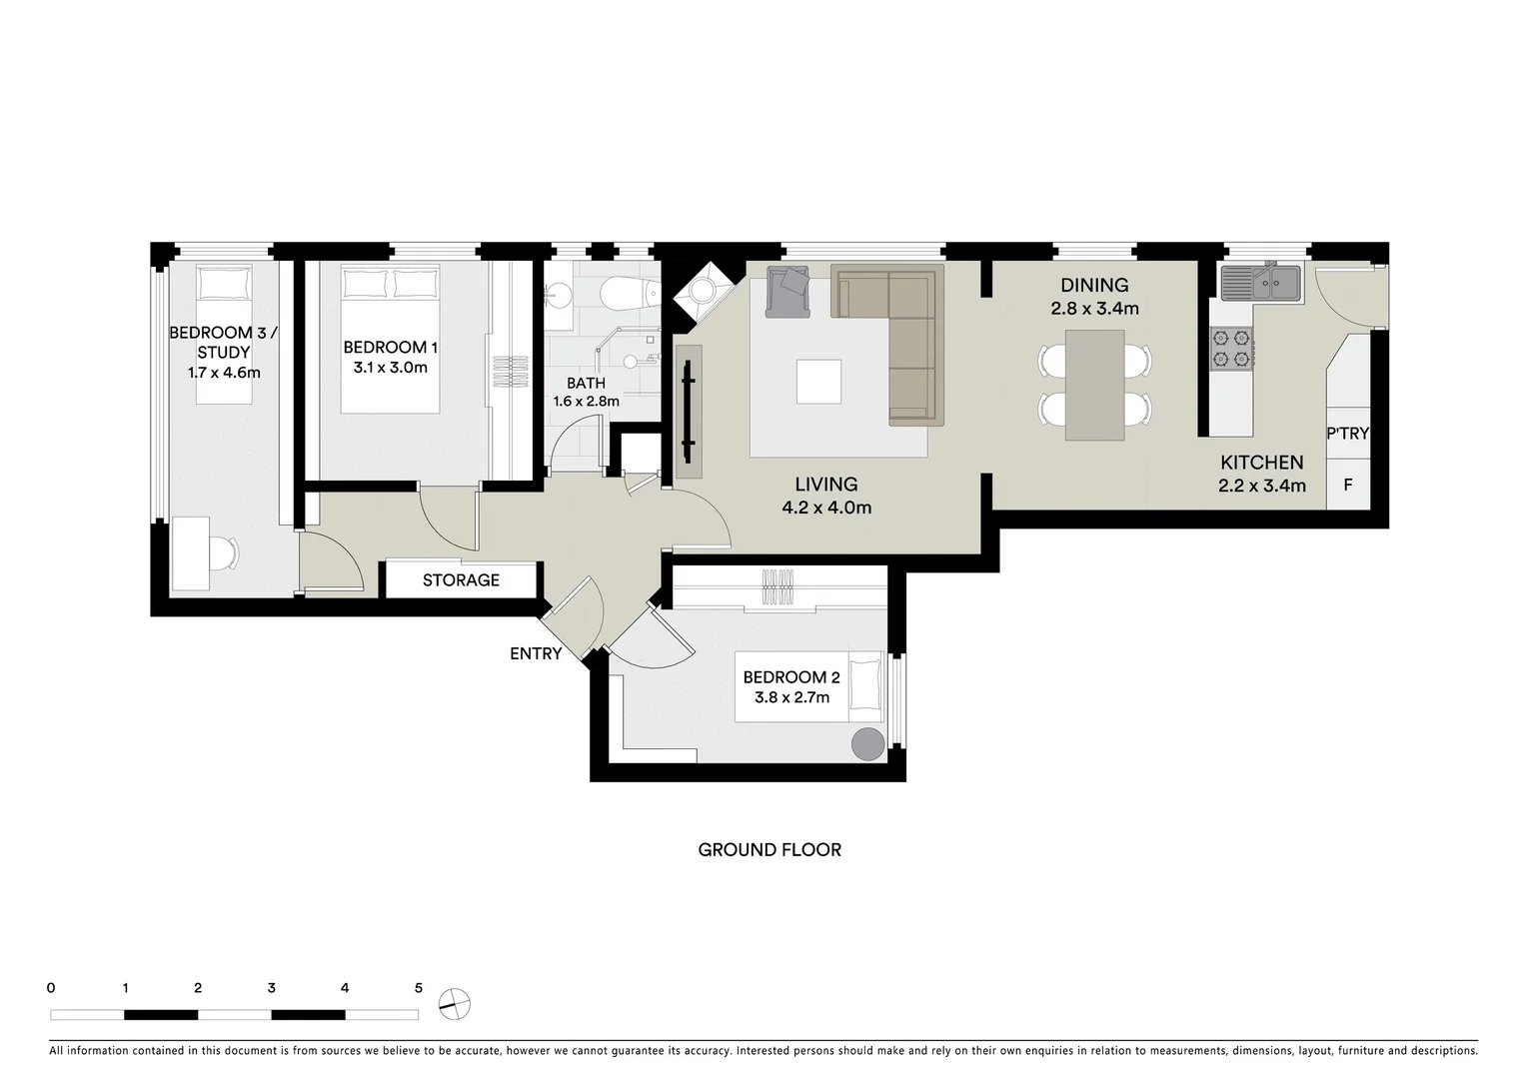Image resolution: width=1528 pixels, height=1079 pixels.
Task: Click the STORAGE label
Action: (461, 579)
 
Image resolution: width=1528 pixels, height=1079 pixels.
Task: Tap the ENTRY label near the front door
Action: (536, 653)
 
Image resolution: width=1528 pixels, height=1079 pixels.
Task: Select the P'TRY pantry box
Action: (1347, 434)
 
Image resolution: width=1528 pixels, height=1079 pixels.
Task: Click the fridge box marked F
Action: (1347, 486)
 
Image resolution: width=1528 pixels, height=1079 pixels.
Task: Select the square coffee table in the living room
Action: (818, 381)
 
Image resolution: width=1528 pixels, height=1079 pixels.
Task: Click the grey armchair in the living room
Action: (789, 292)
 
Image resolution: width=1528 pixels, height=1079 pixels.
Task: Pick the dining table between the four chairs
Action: (1095, 385)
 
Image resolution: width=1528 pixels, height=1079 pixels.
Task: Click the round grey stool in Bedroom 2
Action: (867, 744)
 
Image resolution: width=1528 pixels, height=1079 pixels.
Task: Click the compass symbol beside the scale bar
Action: (455, 1003)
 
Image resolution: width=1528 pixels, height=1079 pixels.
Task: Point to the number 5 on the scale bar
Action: (418, 988)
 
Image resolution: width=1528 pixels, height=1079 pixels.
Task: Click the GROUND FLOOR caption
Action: (769, 850)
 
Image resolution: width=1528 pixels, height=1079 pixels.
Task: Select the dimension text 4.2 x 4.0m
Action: (826, 508)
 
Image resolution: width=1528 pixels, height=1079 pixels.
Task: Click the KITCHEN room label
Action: (1261, 462)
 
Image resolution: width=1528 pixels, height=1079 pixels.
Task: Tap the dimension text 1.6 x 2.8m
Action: (587, 402)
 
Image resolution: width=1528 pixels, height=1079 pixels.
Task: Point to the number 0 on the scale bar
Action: (51, 988)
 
